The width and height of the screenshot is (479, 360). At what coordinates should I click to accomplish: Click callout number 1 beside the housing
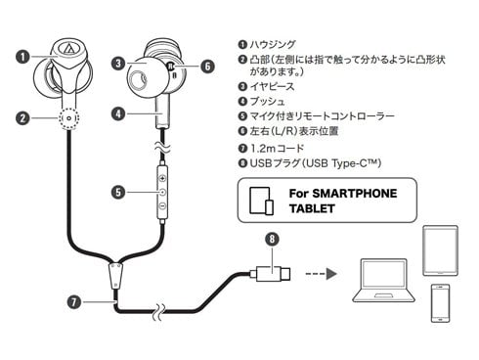tap(22, 57)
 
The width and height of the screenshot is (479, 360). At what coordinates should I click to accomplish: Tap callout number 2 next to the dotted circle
tap(22, 118)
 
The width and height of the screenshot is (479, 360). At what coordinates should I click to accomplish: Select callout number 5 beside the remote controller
tap(118, 192)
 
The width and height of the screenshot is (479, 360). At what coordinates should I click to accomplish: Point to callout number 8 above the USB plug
tap(272, 239)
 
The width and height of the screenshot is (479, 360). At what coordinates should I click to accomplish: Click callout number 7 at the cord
tap(74, 302)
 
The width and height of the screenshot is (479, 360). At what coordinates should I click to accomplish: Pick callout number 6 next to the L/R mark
tap(207, 67)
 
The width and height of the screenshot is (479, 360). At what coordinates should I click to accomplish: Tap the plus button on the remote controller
tap(162, 178)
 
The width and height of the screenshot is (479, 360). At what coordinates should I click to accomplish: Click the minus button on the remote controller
tap(162, 205)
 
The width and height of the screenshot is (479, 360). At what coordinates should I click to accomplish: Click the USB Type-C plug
tap(270, 273)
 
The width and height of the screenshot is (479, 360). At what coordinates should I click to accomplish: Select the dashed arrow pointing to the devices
tap(321, 274)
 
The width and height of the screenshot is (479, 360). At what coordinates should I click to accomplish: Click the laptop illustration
tap(383, 281)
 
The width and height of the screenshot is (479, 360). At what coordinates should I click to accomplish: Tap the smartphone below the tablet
tap(440, 303)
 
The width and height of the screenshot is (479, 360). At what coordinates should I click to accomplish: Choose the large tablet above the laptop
tap(440, 250)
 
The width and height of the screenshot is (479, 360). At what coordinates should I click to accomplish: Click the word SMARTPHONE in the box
tap(355, 194)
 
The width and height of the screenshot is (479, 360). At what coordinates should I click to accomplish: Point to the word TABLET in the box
tap(312, 208)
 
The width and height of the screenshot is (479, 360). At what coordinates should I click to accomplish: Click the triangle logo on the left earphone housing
tap(69, 48)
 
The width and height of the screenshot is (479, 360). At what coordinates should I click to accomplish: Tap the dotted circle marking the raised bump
tap(69, 118)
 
